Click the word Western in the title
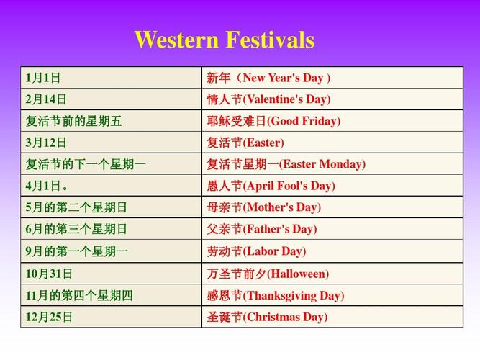pyautogui.click(x=176, y=40)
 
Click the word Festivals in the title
pyautogui.click(x=271, y=40)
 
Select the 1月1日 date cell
pyautogui.click(x=111, y=78)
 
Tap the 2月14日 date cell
pyautogui.click(x=111, y=99)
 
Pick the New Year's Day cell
pyautogui.click(x=332, y=78)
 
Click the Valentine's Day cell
pyautogui.click(x=332, y=99)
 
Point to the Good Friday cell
pyautogui.click(x=332, y=121)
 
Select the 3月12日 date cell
pyautogui.click(x=111, y=143)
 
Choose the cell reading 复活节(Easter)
pyautogui.click(x=332, y=143)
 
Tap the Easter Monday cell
pyautogui.click(x=332, y=164)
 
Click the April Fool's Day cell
pyautogui.click(x=332, y=186)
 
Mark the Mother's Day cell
pyautogui.click(x=332, y=207)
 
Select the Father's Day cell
pyautogui.click(x=332, y=229)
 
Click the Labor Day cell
pyautogui.click(x=332, y=251)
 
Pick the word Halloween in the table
pyautogui.click(x=299, y=274)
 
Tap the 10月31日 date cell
pyautogui.click(x=111, y=274)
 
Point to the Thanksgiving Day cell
pyautogui.click(x=332, y=295)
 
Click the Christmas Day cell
pyautogui.click(x=332, y=317)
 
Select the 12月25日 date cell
pyautogui.click(x=111, y=317)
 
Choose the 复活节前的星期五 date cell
pyautogui.click(x=111, y=121)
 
